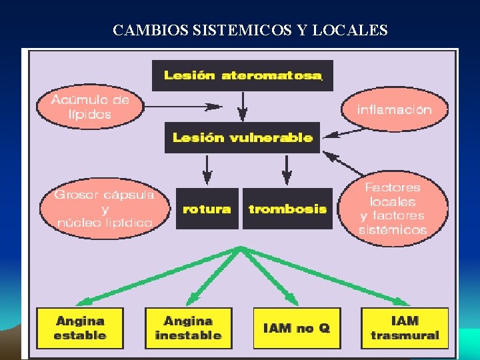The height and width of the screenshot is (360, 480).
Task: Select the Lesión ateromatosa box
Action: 242,75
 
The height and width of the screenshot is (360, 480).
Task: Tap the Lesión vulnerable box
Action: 242,137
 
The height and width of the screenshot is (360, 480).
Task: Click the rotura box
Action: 207,209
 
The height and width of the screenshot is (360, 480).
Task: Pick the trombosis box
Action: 287,209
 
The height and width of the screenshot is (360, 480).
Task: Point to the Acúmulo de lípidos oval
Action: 90,107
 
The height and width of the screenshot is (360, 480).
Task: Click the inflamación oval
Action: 394,109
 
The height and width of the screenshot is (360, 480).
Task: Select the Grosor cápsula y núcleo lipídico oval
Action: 103,208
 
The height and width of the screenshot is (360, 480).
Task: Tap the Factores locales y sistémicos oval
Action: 393,208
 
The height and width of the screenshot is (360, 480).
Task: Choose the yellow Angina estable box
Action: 80,328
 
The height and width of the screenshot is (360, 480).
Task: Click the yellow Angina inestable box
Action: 188,328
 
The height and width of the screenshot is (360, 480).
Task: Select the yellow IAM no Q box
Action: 297,328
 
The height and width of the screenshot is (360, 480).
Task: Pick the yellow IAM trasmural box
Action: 405,328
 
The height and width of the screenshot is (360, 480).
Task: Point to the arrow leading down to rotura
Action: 207,169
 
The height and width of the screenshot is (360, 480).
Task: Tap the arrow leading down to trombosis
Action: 287,169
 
